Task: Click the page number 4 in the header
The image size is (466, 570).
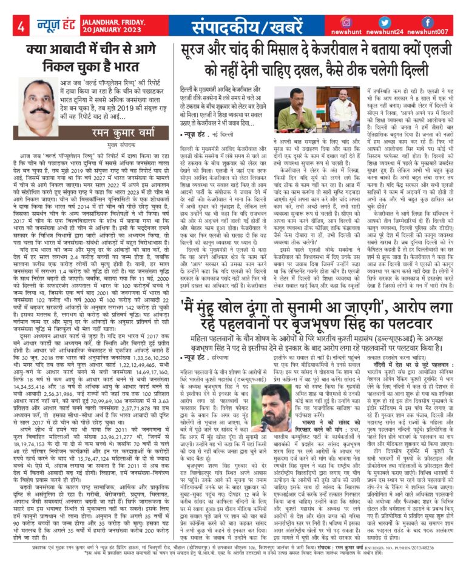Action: pos(21,27)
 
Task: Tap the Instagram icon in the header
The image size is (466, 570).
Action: pos(346,22)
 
